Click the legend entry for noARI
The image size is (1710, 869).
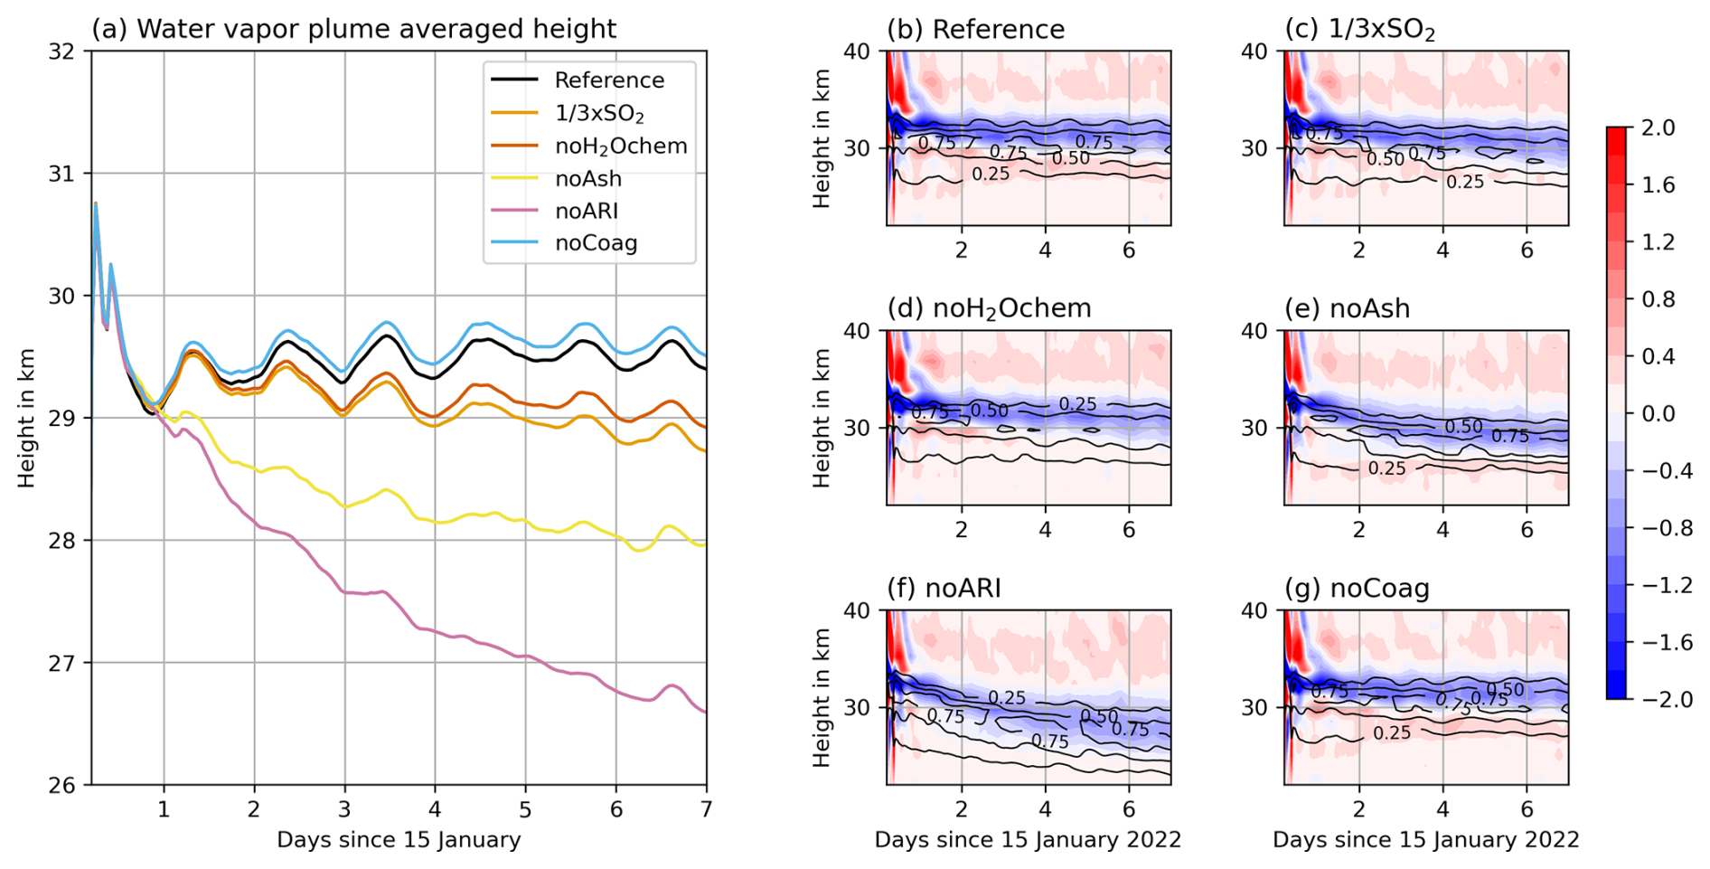coord(586,211)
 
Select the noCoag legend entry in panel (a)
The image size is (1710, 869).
coord(596,243)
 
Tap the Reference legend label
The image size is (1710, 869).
coord(609,80)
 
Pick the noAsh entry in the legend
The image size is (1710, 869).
coord(587,178)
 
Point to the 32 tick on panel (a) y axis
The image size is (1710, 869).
coord(61,52)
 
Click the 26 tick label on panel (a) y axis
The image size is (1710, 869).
coord(61,785)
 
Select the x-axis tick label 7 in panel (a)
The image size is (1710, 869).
coord(706,808)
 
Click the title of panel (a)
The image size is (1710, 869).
coord(353,29)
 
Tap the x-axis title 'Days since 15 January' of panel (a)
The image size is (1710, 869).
coord(399,840)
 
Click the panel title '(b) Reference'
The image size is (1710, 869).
coord(975,30)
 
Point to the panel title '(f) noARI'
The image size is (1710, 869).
coord(944,589)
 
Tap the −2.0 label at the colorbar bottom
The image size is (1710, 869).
coord(1665,699)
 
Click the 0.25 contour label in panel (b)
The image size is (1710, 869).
coord(990,174)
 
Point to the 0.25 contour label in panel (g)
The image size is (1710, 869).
coord(1392,733)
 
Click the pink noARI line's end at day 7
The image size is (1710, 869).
coord(705,713)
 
